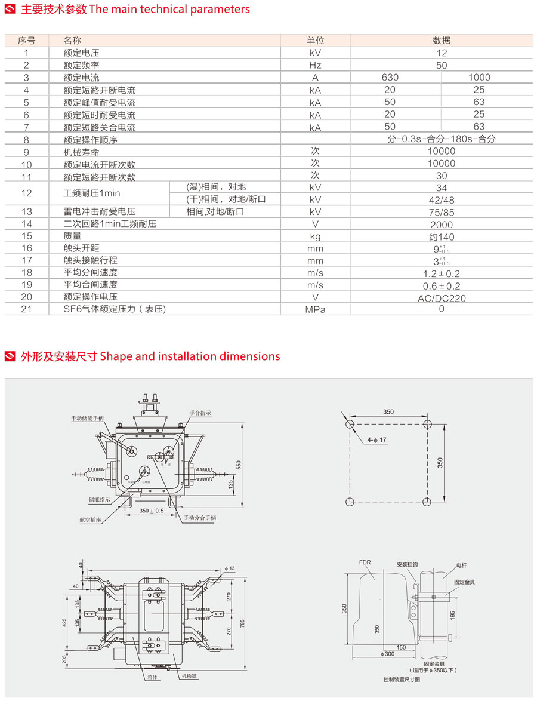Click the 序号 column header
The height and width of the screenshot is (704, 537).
(x=26, y=41)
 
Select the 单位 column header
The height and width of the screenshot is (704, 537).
(x=315, y=41)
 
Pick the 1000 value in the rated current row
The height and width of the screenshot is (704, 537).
(x=479, y=77)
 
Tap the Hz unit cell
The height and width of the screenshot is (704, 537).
(x=315, y=65)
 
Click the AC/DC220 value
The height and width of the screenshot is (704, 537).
(x=442, y=297)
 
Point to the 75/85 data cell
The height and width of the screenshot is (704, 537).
(x=442, y=212)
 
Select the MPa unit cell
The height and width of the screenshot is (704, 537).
(x=315, y=309)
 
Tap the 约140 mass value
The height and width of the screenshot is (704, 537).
(x=442, y=236)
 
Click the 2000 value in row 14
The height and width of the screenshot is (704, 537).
(x=442, y=225)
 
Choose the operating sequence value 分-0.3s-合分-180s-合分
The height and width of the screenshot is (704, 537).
(x=442, y=139)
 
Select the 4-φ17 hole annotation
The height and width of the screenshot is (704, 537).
(x=377, y=440)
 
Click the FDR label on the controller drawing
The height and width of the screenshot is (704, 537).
(x=365, y=562)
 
